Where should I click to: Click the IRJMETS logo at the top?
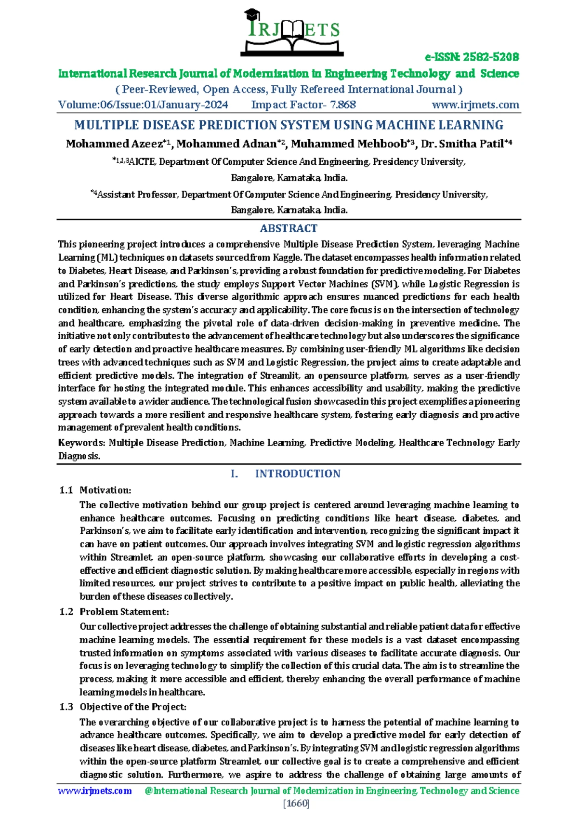292,32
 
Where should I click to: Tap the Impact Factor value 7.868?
343,105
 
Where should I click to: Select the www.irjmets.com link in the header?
475,105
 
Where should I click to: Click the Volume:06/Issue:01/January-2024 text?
143,105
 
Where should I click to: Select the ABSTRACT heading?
289,228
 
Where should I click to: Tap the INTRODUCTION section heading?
298,474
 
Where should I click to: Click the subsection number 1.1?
66,490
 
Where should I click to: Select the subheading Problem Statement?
124,612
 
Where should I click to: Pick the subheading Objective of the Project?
133,707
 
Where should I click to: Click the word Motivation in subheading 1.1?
105,490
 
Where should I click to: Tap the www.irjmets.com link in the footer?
95,791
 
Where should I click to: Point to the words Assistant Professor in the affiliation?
137,195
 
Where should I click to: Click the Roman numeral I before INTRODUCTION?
234,474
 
